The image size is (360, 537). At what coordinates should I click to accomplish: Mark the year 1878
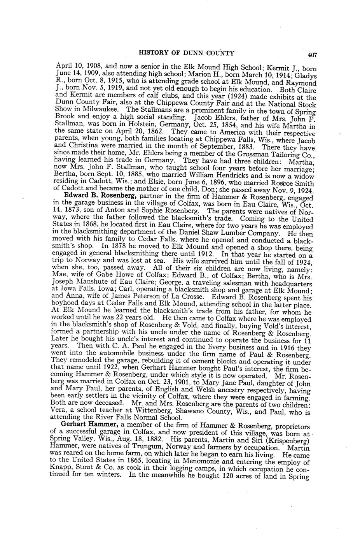(x=119, y=247)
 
